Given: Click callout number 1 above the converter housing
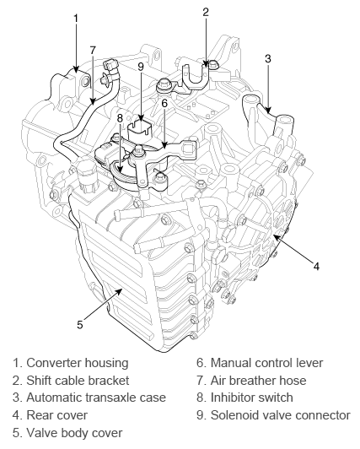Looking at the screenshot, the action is coord(76,19).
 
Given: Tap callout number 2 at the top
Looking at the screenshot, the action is coord(206,12).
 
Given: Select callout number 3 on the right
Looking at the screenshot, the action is coord(267,58).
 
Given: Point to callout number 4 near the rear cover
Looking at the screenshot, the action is coord(316,267).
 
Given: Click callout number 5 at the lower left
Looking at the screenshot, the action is coord(80,324).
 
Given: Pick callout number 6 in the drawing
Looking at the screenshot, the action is coord(164,103).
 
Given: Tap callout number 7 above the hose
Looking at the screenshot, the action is coord(92,50).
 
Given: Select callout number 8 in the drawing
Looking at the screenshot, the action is coord(120,118).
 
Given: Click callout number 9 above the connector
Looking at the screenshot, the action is coord(141,67).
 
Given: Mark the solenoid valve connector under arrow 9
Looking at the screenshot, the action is coord(139,131).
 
